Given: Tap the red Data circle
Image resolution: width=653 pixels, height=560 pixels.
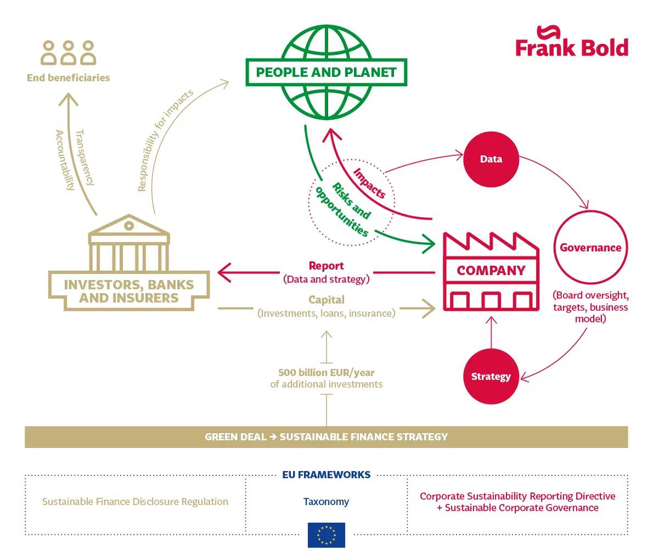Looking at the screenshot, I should (x=491, y=159).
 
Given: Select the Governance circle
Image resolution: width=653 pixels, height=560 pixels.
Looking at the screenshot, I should (x=590, y=248).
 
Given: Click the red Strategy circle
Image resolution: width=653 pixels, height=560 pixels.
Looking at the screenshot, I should (x=491, y=377).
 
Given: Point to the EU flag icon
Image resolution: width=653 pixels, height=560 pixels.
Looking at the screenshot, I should (x=326, y=535).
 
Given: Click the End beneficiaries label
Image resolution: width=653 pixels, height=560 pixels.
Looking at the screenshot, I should (x=68, y=78).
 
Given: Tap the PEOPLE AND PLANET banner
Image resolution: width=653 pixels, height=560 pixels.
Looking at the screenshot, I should (x=326, y=72).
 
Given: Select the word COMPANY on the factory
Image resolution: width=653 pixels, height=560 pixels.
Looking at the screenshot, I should (x=491, y=271).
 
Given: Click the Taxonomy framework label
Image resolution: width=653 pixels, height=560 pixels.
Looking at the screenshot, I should (x=326, y=502).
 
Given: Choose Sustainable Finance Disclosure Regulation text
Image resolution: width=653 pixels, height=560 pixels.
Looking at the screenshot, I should (x=135, y=502).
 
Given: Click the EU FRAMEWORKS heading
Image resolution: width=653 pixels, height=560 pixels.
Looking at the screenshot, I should (x=326, y=475).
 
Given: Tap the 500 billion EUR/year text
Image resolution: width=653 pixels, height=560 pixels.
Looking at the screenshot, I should (x=326, y=372).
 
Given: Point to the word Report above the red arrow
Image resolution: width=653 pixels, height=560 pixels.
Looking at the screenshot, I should (x=326, y=266).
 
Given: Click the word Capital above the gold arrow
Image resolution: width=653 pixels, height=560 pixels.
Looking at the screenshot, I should (x=326, y=300).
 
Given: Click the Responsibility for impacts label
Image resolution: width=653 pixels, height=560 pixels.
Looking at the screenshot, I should (x=165, y=141).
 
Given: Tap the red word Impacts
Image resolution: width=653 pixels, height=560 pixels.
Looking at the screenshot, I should (x=369, y=183).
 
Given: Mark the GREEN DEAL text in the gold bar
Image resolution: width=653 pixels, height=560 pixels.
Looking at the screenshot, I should (x=235, y=437).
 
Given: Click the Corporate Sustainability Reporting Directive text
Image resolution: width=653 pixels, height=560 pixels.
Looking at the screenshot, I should (x=517, y=496).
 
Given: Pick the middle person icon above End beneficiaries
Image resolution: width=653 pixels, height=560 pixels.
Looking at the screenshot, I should (x=68, y=53).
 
